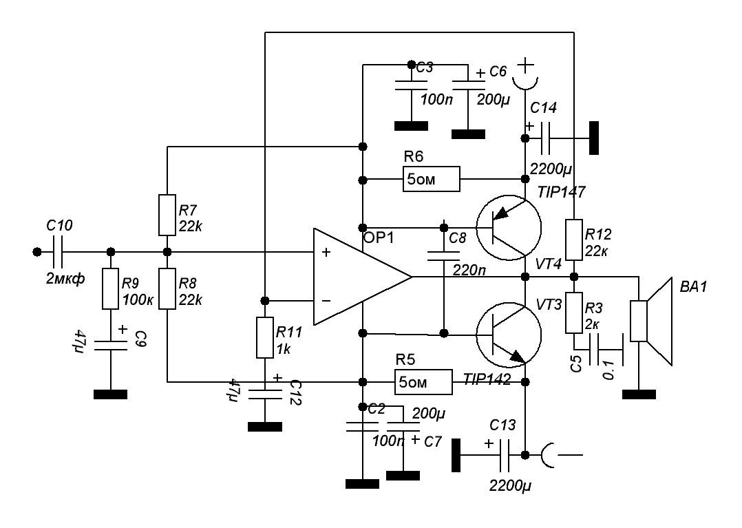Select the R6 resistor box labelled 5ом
[431, 180]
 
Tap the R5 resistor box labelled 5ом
[423, 381]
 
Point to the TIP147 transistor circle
[508, 228]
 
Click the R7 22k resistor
[167, 215]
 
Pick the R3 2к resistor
[574, 314]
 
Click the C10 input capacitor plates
[57, 252]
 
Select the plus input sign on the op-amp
[326, 253]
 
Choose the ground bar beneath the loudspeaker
[639, 394]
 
